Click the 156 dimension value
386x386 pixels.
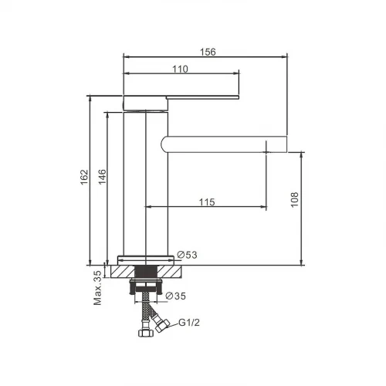click(x=208, y=52)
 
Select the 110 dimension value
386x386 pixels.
click(x=180, y=69)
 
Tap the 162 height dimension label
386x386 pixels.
click(x=84, y=177)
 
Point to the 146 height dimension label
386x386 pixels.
click(x=102, y=177)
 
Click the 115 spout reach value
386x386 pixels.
click(x=207, y=202)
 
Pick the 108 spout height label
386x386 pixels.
click(x=294, y=199)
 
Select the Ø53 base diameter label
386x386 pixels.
click(x=187, y=255)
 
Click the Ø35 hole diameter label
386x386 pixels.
click(x=176, y=296)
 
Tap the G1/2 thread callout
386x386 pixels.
click(x=189, y=323)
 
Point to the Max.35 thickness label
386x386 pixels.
click(x=97, y=288)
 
